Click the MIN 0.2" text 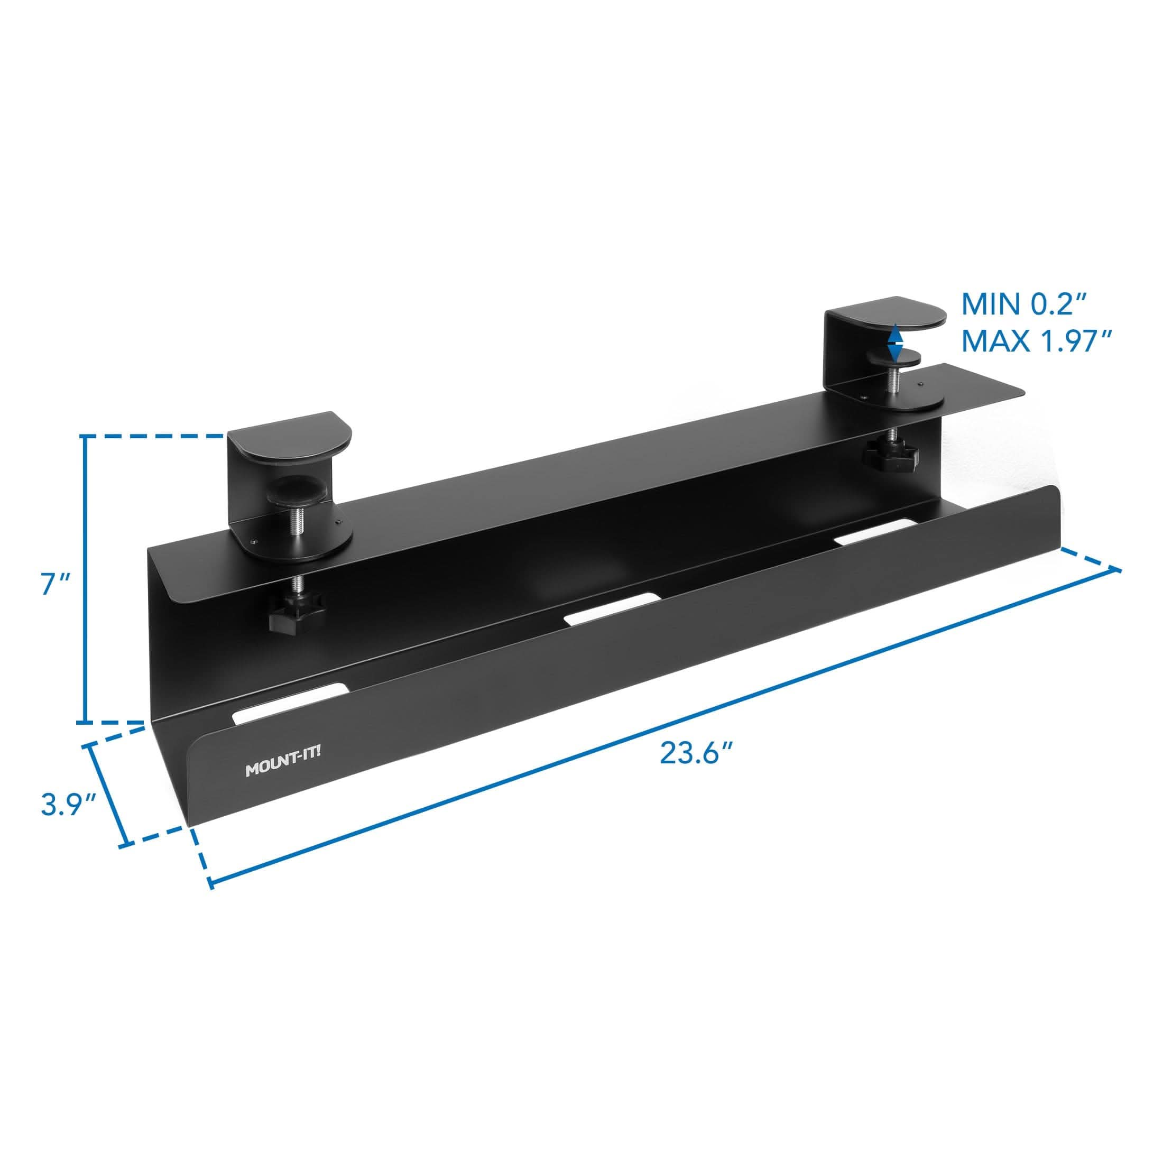tap(1023, 305)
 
